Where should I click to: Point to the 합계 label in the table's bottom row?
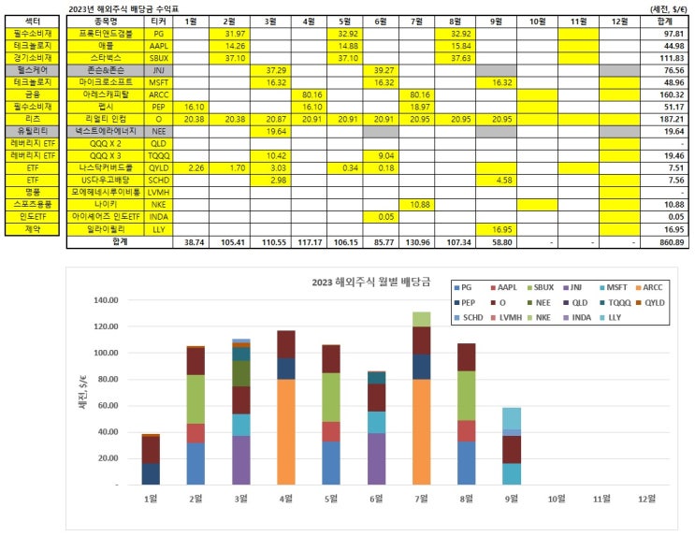click(x=119, y=241)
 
